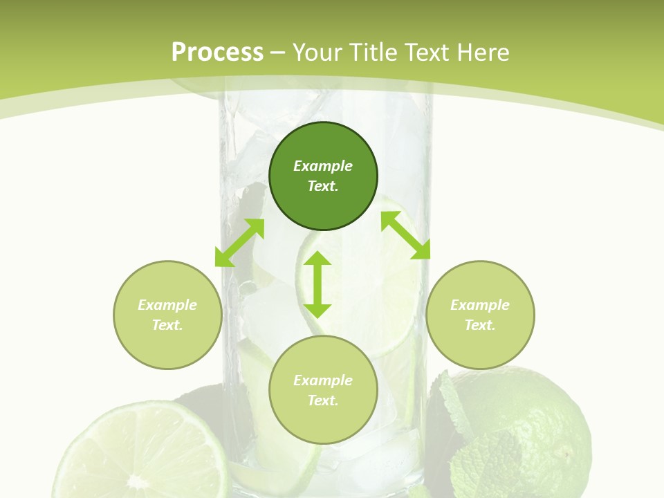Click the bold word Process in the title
(x=217, y=52)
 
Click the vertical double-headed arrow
(x=317, y=284)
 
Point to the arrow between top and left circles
(x=239, y=242)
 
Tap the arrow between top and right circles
(x=406, y=235)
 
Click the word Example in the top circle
(x=323, y=166)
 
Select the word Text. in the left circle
(x=167, y=325)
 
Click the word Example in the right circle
(x=480, y=305)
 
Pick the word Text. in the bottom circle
(x=323, y=400)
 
